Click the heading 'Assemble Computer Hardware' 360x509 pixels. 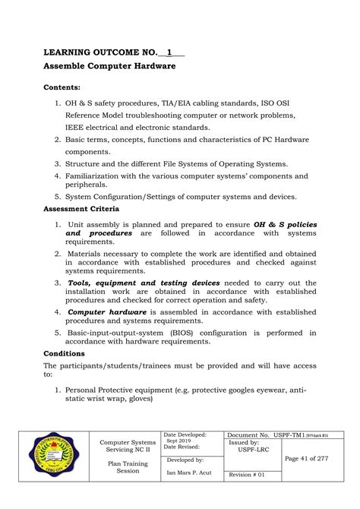(109, 66)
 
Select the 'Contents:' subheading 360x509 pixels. (65, 87)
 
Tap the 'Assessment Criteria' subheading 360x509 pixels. (81, 208)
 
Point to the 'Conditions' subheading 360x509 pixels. (65, 353)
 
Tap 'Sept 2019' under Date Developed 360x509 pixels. (179, 441)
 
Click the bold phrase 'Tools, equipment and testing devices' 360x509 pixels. (144, 282)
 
